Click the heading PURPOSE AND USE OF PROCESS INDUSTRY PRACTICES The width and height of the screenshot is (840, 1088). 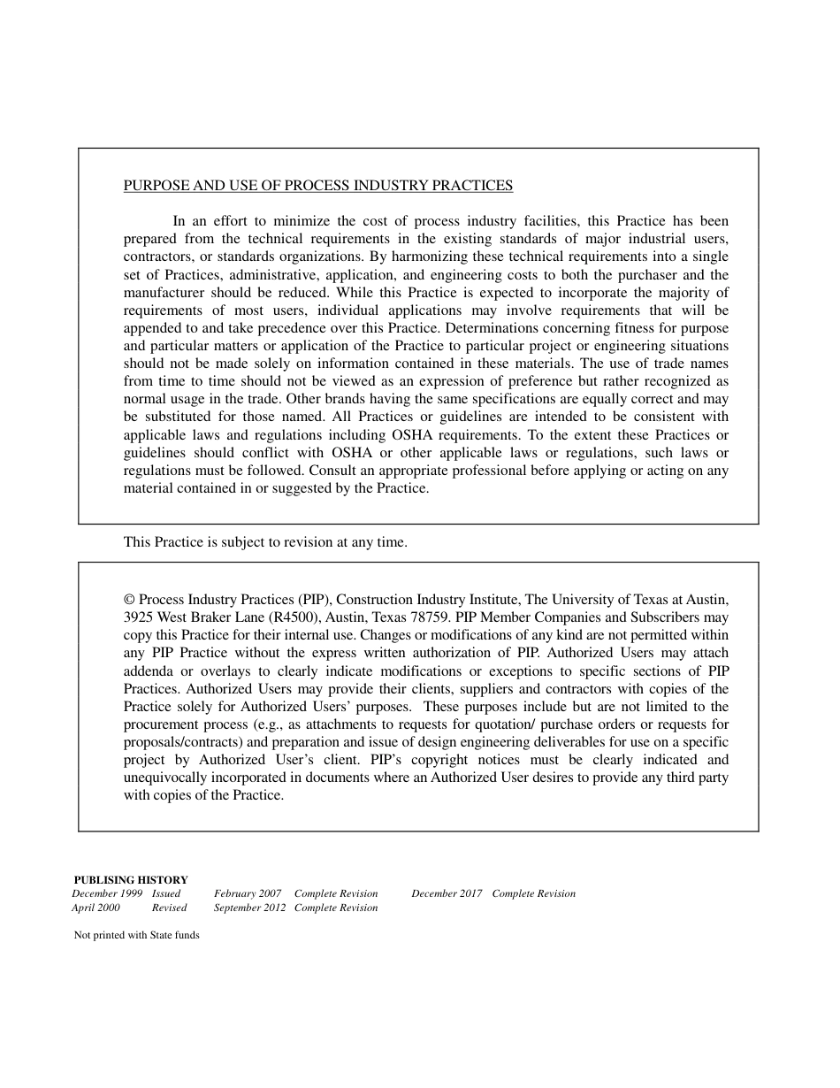click(317, 186)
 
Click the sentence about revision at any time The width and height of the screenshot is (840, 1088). click(265, 542)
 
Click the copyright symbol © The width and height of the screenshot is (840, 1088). click(129, 600)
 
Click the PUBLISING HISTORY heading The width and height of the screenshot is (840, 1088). click(131, 880)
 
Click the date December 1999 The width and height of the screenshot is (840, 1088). click(107, 893)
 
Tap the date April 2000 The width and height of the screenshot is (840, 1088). click(95, 908)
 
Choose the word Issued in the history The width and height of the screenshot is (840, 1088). click(166, 893)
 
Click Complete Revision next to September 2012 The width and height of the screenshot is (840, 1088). click(336, 908)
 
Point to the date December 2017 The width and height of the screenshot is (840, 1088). click(447, 893)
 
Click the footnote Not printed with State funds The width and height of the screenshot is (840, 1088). click(137, 935)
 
